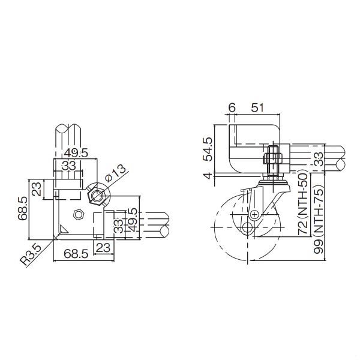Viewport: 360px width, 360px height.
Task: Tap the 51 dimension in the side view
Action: [257, 108]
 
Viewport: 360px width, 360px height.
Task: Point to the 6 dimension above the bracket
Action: [232, 108]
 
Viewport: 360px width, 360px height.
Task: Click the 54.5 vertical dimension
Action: [208, 148]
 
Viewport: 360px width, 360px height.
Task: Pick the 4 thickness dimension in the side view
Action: [208, 176]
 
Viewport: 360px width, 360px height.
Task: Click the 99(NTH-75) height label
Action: [319, 224]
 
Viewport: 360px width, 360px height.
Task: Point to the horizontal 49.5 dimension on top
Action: [76, 153]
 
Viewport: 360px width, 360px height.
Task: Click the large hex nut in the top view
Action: [96, 196]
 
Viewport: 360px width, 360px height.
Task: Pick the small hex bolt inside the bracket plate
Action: [77, 215]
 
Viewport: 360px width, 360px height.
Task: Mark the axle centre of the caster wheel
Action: [254, 214]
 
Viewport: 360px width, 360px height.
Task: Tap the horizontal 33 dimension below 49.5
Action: [69, 166]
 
